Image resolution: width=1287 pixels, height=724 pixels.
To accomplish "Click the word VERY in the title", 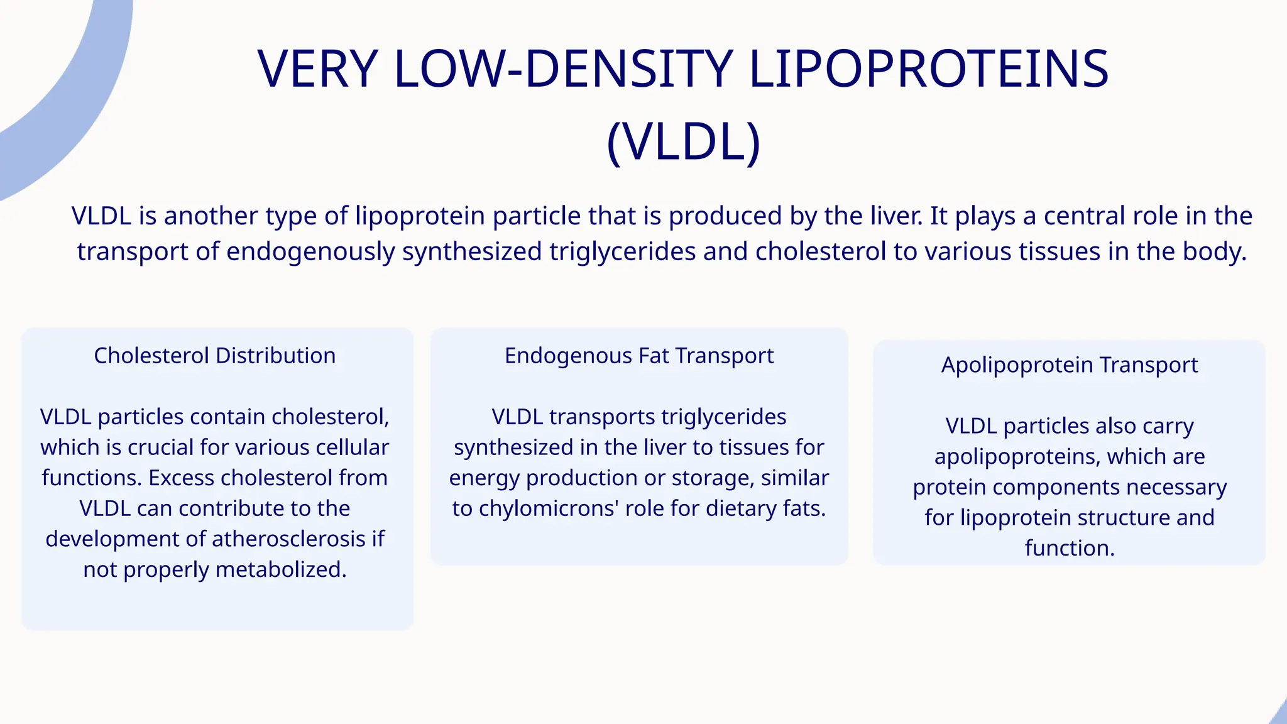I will tap(318, 69).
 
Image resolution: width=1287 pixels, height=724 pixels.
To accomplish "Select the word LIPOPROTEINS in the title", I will tap(929, 69).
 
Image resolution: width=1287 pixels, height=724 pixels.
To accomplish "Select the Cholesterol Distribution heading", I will tap(215, 356).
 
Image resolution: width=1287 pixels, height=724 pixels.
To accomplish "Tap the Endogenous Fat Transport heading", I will tap(639, 356).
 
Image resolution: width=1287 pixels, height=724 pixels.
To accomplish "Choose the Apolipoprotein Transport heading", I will tap(1070, 365).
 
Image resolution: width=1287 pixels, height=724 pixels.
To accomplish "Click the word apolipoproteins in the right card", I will tap(1017, 457).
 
